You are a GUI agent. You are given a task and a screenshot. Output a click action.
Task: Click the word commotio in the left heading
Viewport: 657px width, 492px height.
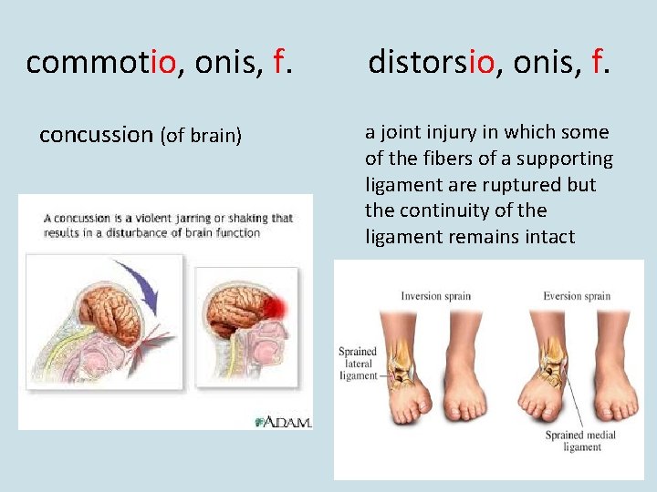[100, 63]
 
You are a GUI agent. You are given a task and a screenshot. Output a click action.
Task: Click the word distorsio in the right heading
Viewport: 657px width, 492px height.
[431, 63]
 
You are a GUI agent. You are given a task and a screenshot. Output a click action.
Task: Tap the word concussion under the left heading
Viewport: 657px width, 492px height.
[96, 135]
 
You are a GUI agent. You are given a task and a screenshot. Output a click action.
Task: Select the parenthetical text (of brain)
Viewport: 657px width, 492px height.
[202, 137]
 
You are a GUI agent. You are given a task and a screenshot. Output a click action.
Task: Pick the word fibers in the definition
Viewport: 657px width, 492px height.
[439, 159]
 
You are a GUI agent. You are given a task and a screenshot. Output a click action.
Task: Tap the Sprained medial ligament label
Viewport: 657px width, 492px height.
[582, 441]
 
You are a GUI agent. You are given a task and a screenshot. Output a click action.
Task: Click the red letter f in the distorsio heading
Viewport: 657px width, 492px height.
[598, 63]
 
